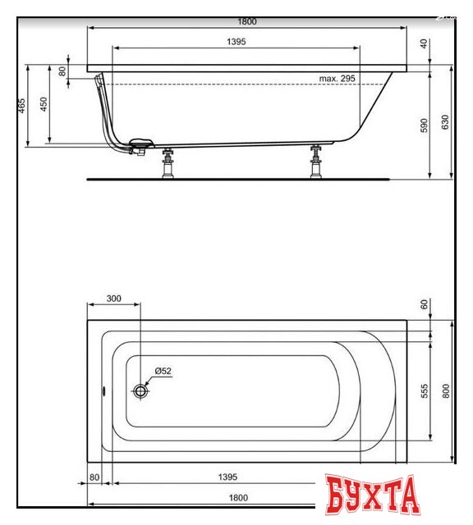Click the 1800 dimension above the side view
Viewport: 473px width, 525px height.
(x=236, y=21)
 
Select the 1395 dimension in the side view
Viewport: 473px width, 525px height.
(x=236, y=41)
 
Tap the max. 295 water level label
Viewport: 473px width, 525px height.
(x=337, y=79)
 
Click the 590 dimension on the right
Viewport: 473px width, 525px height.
(x=425, y=125)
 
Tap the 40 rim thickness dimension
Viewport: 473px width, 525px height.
(x=424, y=44)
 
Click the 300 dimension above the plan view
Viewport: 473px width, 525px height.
(x=113, y=299)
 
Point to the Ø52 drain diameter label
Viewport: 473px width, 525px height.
(x=162, y=371)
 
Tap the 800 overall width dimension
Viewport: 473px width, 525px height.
(x=446, y=391)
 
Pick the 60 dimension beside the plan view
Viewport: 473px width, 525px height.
(x=424, y=305)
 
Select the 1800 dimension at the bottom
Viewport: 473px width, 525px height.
(x=238, y=497)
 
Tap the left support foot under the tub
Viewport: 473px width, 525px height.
(x=169, y=163)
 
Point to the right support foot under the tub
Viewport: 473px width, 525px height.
(x=316, y=163)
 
